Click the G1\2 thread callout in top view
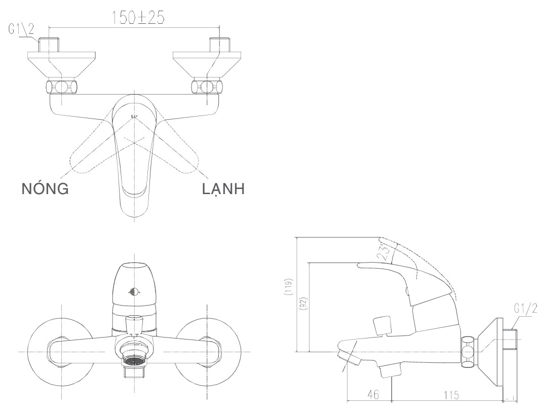21,29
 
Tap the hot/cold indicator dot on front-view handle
134,292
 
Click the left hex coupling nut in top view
62,86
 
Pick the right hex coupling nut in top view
206,86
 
